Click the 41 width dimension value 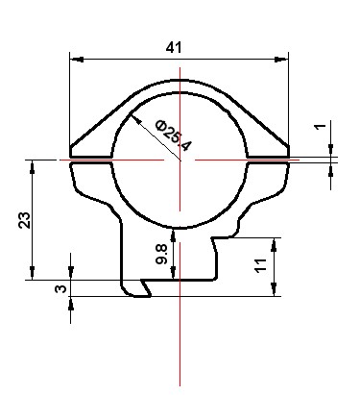point(174,48)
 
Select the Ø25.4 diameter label point(174,136)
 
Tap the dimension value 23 point(25,220)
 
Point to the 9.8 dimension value point(161,254)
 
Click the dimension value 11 point(260,265)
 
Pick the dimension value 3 point(60,289)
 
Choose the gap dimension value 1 point(320,126)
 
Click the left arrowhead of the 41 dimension point(77,60)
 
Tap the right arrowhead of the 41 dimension point(281,60)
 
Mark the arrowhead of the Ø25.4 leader point(136,119)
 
